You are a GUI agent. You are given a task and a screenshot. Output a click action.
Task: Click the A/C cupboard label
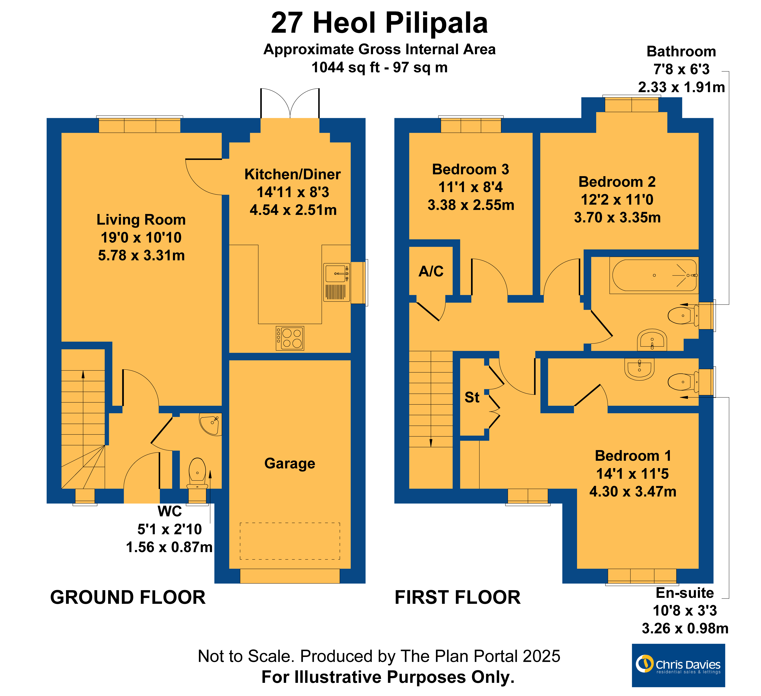coord(431,271)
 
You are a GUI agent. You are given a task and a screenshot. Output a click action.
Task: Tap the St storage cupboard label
coord(472,397)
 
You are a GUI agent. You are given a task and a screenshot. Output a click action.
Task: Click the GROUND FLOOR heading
coord(128,598)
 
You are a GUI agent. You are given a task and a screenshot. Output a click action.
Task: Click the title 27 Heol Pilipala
coord(379,23)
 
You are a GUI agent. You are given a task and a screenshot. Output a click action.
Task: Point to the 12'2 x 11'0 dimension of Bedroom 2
coord(617,200)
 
